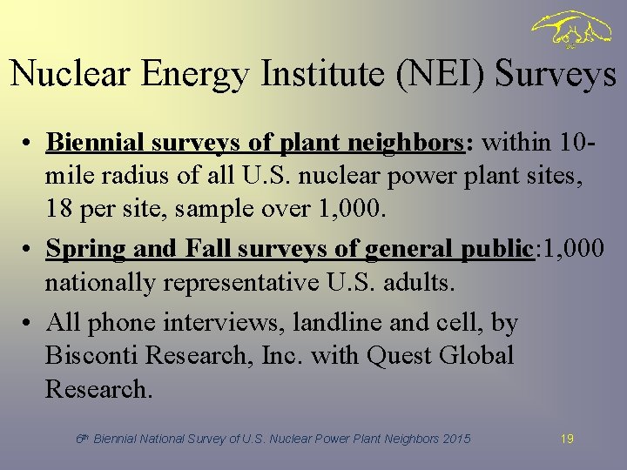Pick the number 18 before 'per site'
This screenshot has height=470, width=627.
click(x=58, y=208)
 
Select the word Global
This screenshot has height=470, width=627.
click(x=477, y=356)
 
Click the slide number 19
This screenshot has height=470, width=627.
click(x=567, y=440)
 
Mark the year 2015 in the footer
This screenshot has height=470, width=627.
click(x=455, y=440)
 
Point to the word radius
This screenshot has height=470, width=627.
click(x=126, y=175)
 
